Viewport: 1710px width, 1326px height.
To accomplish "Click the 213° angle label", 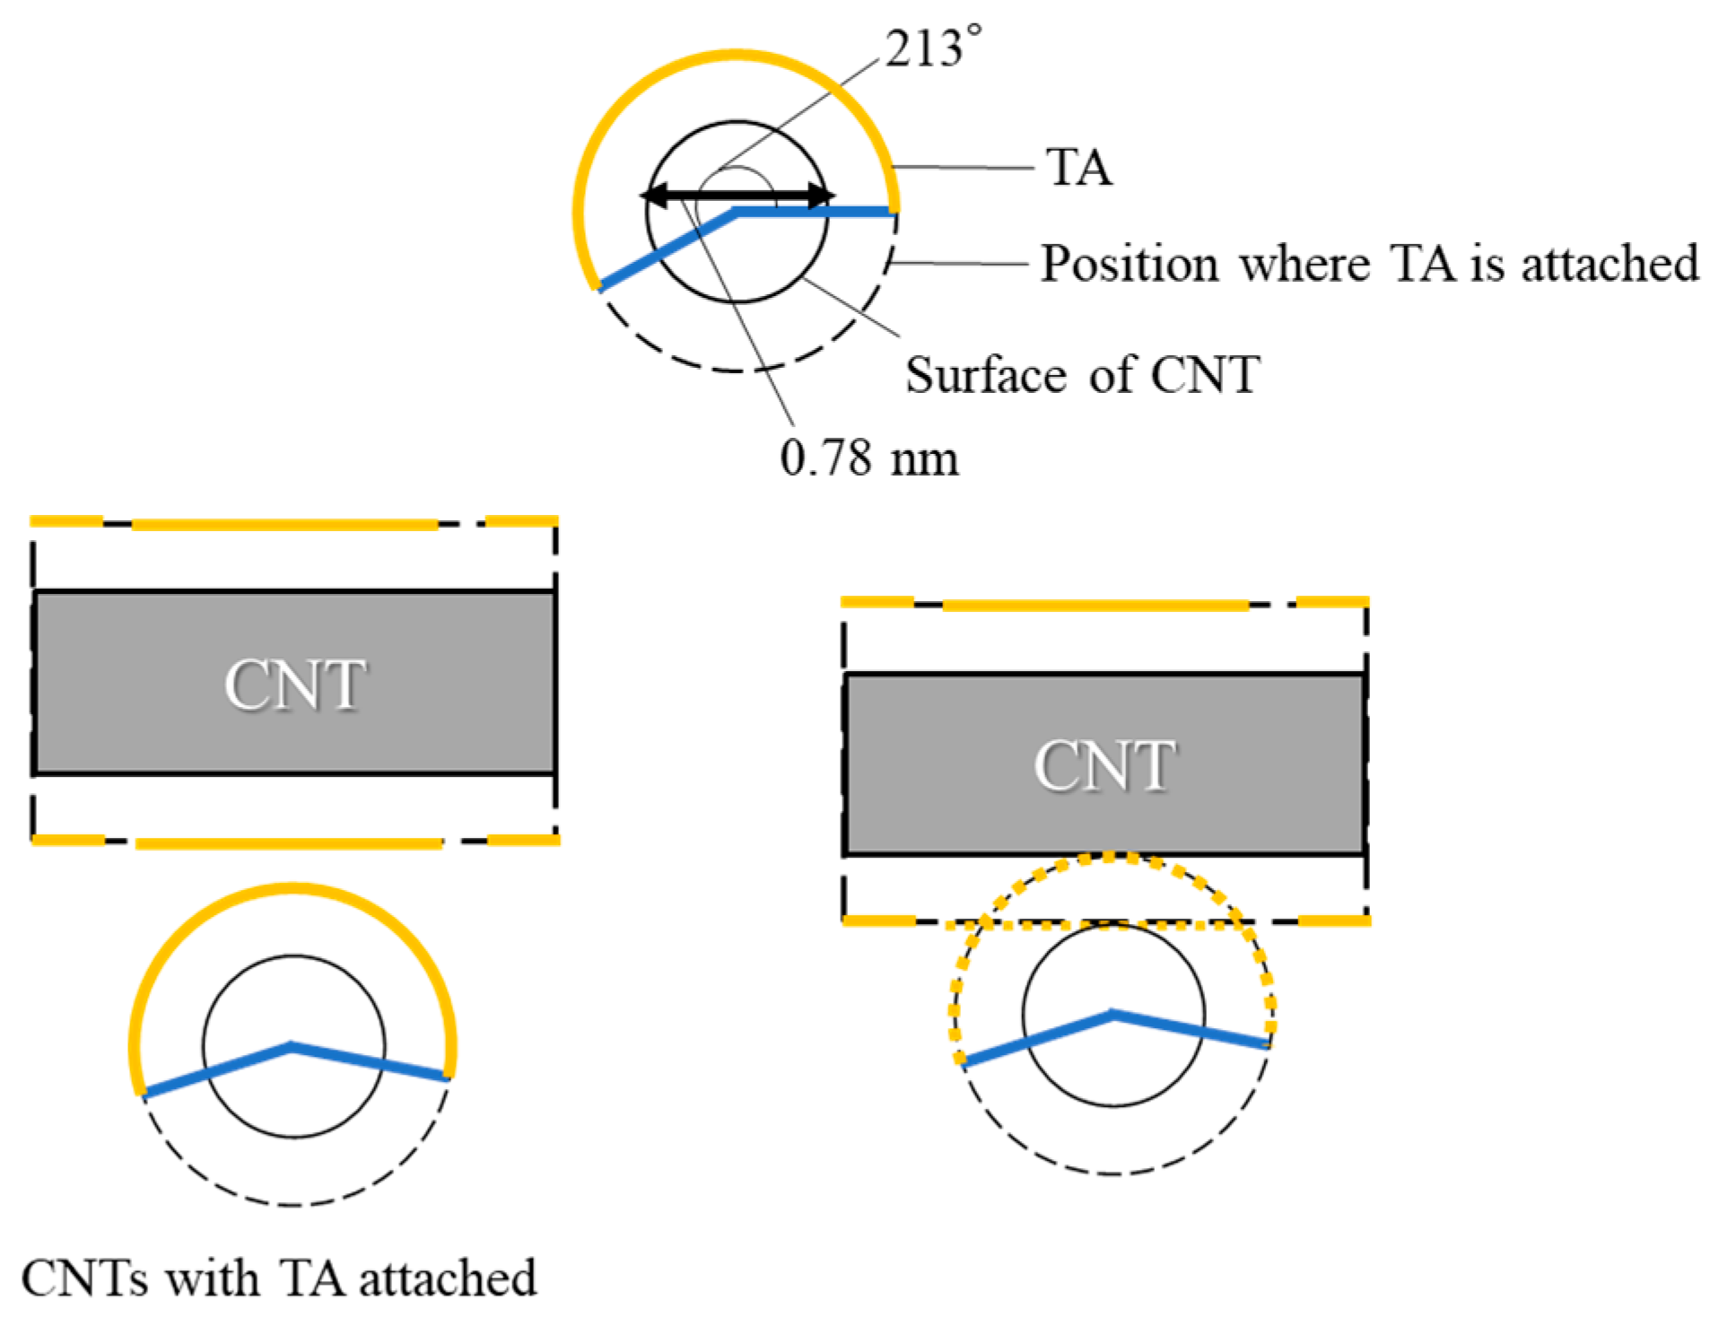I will (x=932, y=48).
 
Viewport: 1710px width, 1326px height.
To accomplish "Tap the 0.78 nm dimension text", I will (x=868, y=458).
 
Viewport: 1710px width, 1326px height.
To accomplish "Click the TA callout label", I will (x=1078, y=168).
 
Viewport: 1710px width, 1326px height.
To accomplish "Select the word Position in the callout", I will (x=1129, y=264).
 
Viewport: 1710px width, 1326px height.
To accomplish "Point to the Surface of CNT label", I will (x=1081, y=375).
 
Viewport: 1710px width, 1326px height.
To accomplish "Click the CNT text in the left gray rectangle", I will (x=294, y=685).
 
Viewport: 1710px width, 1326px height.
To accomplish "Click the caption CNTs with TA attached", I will (x=279, y=1278).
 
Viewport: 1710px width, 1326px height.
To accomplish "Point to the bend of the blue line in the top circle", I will (x=736, y=212).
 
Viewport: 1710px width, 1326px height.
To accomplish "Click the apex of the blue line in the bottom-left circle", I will (x=292, y=1045).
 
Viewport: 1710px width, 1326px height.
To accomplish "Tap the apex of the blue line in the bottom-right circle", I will (x=1112, y=1014).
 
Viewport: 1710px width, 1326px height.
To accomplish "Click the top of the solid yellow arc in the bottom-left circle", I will (x=292, y=887).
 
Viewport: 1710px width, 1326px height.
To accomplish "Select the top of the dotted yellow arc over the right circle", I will (x=1111, y=858).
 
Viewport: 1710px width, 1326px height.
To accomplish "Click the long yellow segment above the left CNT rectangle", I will (x=285, y=524).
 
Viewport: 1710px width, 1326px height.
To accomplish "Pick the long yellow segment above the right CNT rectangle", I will (x=1095, y=606).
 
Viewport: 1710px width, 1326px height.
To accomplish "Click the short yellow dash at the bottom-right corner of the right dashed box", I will (x=1334, y=920).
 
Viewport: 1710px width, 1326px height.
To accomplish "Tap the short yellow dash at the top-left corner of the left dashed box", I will (x=66, y=520).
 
